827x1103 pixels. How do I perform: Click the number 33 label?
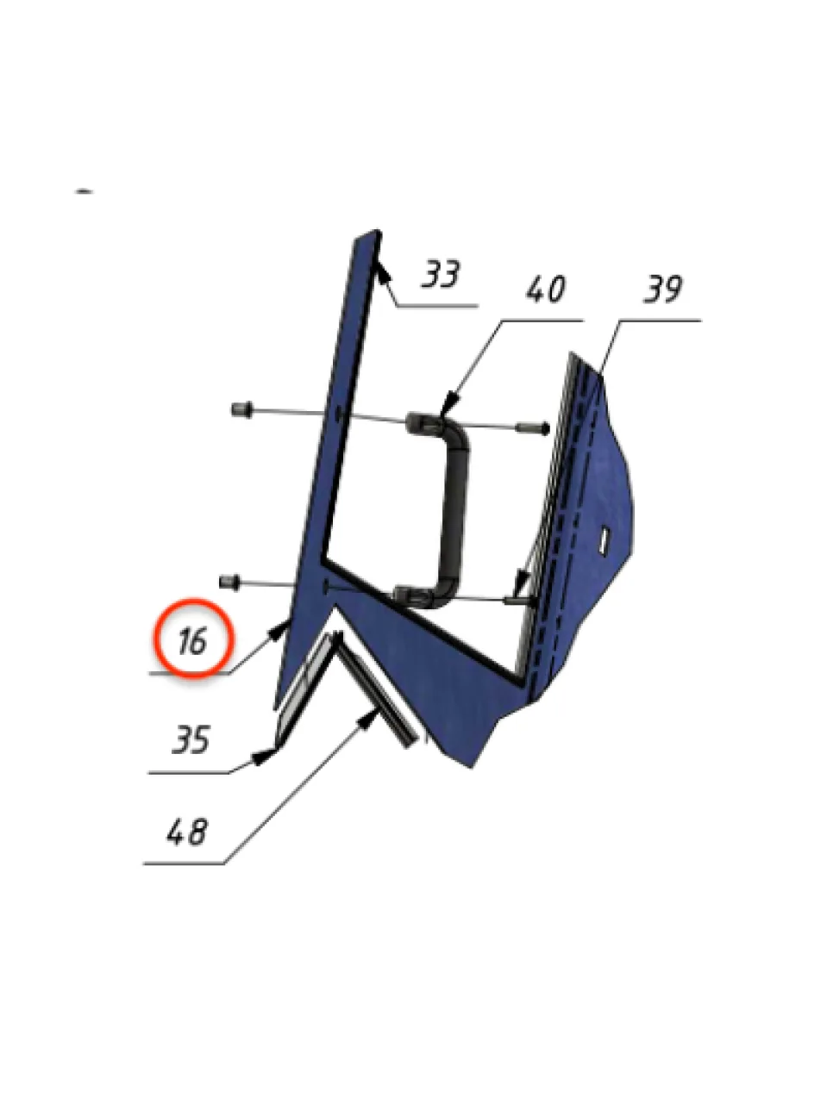point(441,274)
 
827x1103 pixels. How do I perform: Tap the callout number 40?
point(546,289)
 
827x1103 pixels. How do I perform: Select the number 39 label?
point(662,289)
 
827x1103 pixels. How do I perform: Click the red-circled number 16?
point(193,641)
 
